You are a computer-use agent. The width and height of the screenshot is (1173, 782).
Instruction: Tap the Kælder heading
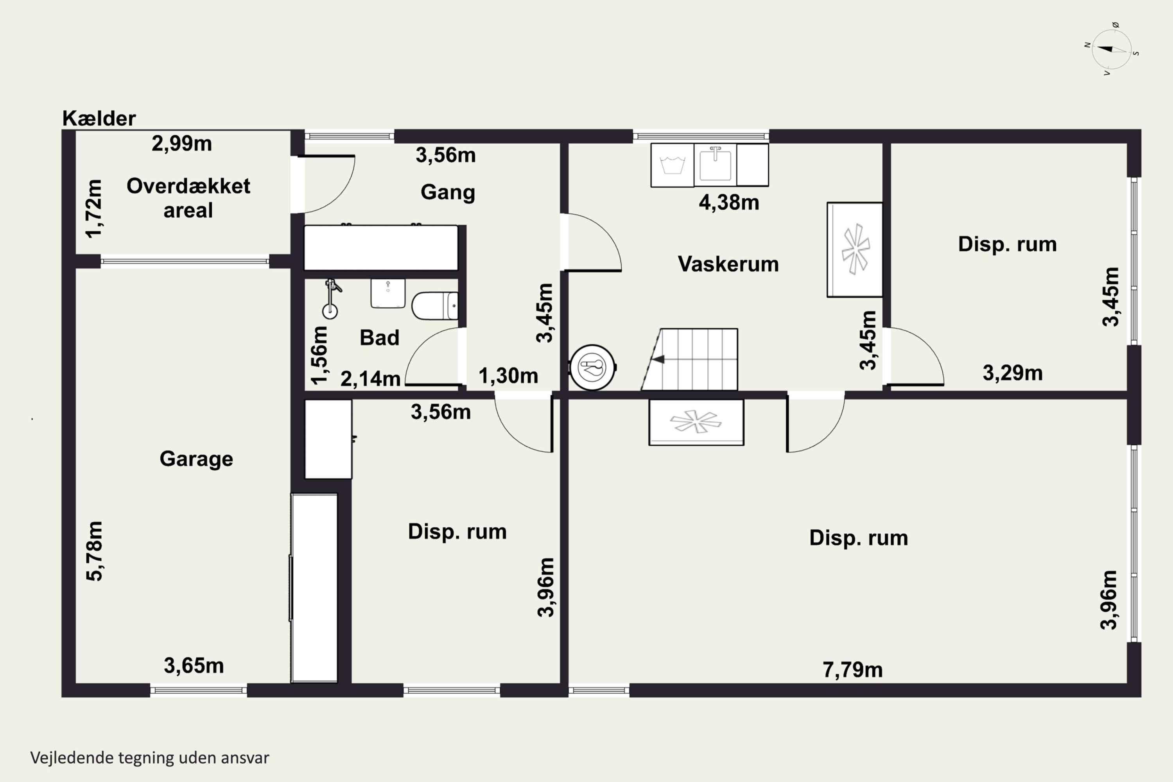[99, 118]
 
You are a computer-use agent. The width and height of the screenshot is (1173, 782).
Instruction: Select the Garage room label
[196, 459]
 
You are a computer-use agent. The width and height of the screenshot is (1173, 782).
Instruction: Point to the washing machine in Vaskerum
[672, 165]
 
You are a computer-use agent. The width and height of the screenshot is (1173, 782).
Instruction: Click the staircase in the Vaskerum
[689, 359]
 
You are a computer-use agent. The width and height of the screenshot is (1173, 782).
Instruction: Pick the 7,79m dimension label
[852, 670]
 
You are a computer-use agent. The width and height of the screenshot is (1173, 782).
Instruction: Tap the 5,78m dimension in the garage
[95, 551]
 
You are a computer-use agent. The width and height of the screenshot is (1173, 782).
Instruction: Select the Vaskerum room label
[728, 264]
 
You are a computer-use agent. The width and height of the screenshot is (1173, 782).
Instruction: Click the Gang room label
[447, 192]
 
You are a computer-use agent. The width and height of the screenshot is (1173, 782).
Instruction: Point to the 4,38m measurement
[729, 203]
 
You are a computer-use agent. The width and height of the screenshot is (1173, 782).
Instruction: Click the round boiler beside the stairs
[592, 368]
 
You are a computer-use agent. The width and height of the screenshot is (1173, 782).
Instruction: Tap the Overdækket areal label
[188, 198]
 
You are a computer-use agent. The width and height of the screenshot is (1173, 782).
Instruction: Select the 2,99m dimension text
[181, 143]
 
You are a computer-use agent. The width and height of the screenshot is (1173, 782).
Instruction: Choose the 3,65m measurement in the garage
[194, 666]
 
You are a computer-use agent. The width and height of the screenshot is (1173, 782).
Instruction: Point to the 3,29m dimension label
[1012, 373]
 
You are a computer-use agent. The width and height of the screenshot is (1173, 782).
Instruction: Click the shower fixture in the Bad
[331, 298]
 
